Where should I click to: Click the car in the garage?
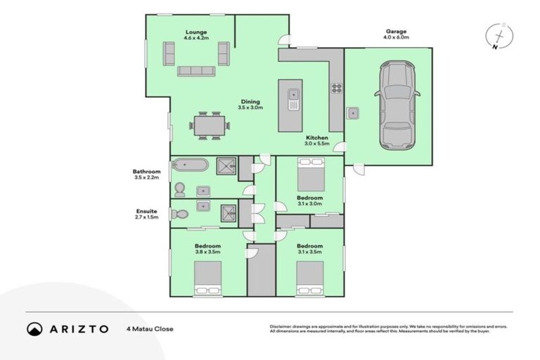(398, 105)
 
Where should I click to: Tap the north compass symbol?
(499, 36)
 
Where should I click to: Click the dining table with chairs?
(209, 125)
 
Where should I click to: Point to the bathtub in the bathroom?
(190, 165)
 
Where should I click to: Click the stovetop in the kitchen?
(336, 89)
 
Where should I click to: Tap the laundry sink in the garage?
(352, 113)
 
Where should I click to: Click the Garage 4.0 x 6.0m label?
(397, 34)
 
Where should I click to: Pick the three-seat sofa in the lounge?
(196, 71)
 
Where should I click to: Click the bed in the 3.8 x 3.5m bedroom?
(207, 278)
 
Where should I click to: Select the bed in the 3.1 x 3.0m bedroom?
(310, 174)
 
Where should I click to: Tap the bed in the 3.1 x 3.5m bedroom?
(309, 278)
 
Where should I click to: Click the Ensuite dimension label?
(147, 214)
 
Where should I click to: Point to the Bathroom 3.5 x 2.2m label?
(147, 174)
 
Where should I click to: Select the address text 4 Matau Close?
(150, 328)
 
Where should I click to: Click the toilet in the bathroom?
(179, 189)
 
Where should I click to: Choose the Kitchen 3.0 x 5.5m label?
(316, 140)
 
